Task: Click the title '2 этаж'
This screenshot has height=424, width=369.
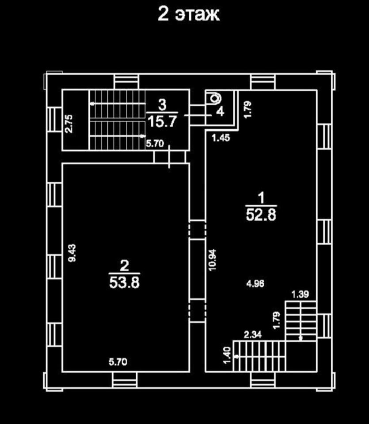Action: click(x=189, y=14)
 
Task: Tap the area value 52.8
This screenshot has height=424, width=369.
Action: click(x=261, y=215)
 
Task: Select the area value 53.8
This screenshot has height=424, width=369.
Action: click(x=125, y=283)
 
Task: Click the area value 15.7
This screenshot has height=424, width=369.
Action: click(x=162, y=121)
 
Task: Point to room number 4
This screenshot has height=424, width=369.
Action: click(x=221, y=111)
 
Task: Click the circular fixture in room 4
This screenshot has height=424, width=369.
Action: click(x=215, y=98)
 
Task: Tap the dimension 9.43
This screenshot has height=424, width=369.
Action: click(x=72, y=253)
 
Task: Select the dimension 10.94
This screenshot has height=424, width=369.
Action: click(x=213, y=260)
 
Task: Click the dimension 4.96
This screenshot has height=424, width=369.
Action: click(x=255, y=284)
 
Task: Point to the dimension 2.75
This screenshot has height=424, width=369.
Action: click(x=69, y=124)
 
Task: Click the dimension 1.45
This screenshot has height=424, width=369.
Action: click(x=221, y=138)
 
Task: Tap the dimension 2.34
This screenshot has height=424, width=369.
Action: click(x=253, y=335)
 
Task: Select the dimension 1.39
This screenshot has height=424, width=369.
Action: click(x=300, y=294)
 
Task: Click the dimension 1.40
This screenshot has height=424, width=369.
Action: click(x=227, y=355)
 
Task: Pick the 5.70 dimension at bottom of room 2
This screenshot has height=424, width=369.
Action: click(x=118, y=362)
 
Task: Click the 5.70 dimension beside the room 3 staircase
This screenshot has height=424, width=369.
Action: click(x=155, y=143)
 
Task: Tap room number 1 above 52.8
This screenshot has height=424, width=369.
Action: click(x=261, y=198)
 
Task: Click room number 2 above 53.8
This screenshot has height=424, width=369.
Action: click(x=124, y=265)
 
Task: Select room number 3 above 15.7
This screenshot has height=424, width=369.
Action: click(x=162, y=105)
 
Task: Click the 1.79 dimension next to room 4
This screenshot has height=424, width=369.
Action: click(x=248, y=109)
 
